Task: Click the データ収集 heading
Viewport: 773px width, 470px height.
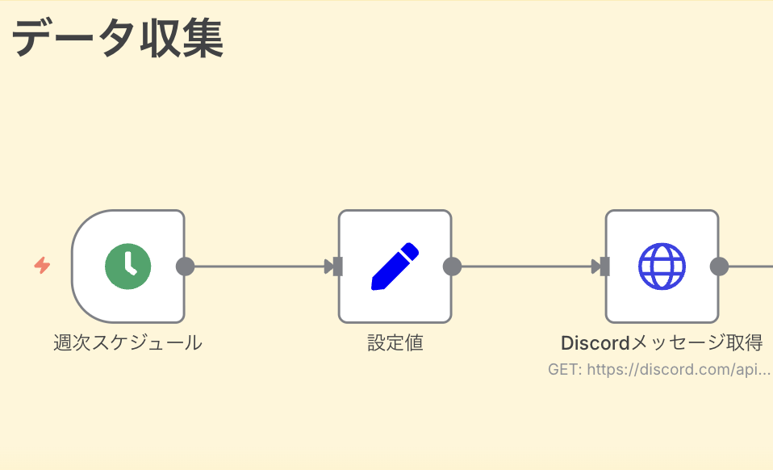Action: (x=118, y=38)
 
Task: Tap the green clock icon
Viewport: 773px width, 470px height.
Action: (x=128, y=266)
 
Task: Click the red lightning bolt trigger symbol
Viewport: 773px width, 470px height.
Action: (x=42, y=265)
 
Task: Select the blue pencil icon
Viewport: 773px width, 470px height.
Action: (x=395, y=266)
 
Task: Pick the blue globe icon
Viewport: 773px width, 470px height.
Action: (x=662, y=266)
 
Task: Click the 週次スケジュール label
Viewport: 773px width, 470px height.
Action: (x=127, y=342)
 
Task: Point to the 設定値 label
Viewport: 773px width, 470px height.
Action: (x=395, y=342)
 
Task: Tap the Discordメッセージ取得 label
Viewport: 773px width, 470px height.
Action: (x=662, y=342)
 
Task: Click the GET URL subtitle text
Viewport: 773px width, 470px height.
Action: (x=658, y=369)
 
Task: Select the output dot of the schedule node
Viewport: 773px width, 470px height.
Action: (x=185, y=266)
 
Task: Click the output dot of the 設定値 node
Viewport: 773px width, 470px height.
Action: (x=452, y=266)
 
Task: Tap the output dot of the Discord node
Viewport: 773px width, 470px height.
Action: (x=719, y=266)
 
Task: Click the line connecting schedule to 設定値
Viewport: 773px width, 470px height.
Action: (x=258, y=266)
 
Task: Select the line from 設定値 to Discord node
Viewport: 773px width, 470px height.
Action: (x=524, y=266)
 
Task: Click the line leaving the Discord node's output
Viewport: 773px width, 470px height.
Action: (x=752, y=266)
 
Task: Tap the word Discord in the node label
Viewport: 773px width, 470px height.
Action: (x=595, y=342)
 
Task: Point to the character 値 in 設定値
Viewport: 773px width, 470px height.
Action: (x=413, y=342)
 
